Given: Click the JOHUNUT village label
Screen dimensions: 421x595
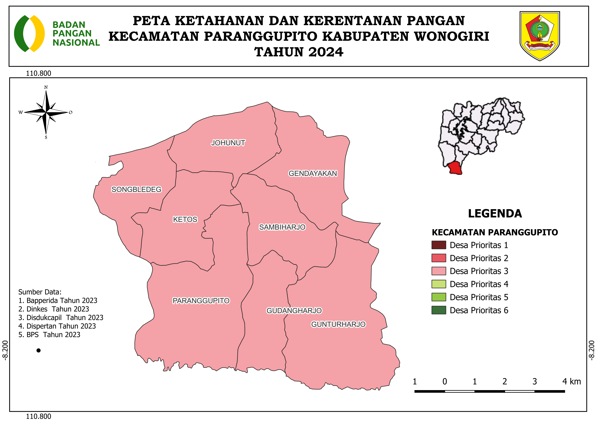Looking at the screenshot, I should point(228,143).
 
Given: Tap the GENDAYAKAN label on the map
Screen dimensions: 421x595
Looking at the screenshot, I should point(313,173).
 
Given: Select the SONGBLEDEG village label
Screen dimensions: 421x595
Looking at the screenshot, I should point(136,189).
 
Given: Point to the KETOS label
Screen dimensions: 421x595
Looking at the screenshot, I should point(185,219).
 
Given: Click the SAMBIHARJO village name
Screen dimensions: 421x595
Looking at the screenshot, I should point(282,227).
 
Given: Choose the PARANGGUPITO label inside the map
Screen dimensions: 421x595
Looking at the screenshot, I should point(201,301).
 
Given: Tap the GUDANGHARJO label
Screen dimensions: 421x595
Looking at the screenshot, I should point(294,310).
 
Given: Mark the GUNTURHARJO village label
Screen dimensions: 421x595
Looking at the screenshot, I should point(338,324).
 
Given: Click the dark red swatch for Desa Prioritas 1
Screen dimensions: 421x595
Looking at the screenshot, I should point(438,245).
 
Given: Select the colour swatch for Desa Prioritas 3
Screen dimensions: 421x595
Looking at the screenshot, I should point(438,271).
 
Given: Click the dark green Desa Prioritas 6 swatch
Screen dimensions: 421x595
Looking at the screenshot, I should point(438,310).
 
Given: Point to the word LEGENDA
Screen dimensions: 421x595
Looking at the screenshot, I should point(495,214).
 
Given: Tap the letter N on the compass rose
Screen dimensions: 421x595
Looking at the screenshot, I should point(46,87).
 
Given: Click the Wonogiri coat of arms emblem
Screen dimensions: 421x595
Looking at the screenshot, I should point(540,36).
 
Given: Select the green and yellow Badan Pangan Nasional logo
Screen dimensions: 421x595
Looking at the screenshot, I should point(29,33).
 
